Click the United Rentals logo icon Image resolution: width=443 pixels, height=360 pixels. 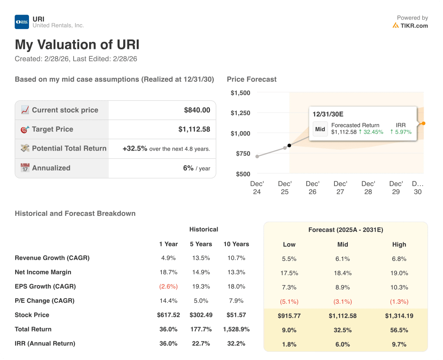click(x=22, y=22)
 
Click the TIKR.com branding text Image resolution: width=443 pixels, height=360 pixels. click(x=414, y=26)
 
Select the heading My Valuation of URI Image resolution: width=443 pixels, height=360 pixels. click(x=77, y=45)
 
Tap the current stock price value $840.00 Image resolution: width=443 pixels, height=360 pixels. click(x=197, y=110)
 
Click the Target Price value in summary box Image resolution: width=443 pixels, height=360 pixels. click(x=194, y=129)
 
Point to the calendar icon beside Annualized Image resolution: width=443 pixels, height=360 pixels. click(x=25, y=168)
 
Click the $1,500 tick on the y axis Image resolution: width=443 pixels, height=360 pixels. click(x=240, y=93)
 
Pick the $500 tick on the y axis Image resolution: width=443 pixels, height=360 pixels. click(x=242, y=174)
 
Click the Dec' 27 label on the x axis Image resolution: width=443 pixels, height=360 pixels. click(x=340, y=188)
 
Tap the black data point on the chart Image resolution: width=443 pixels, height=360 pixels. click(x=289, y=145)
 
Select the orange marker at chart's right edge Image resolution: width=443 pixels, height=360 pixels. click(x=423, y=123)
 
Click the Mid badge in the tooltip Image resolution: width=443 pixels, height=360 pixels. click(x=320, y=129)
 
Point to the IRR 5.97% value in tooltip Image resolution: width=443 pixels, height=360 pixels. click(x=401, y=132)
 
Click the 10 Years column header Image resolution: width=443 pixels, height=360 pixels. click(x=236, y=244)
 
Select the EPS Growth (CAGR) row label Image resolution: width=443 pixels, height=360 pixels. click(x=45, y=286)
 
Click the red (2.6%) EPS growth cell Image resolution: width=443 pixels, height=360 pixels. click(x=168, y=286)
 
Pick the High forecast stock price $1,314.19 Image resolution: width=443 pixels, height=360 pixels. click(x=399, y=316)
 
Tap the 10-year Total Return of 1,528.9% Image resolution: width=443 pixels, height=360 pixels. click(x=236, y=329)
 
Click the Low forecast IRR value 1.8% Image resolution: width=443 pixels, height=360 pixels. click(x=289, y=344)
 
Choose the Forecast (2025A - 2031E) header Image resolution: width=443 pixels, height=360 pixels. click(x=345, y=230)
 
